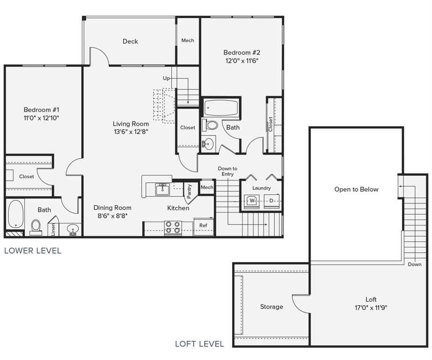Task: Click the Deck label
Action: [130, 41]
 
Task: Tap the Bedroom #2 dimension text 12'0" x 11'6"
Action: [242, 60]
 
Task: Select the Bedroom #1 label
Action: [41, 110]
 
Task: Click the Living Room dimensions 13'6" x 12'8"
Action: [131, 132]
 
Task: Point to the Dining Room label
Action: [112, 208]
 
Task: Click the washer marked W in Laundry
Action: [252, 201]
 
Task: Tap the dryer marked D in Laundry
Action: [271, 201]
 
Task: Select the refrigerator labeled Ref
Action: [203, 225]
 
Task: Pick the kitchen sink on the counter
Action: [163, 188]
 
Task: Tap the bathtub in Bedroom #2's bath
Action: [221, 108]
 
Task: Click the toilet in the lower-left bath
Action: [36, 226]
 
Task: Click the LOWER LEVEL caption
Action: [32, 251]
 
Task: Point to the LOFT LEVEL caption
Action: [199, 344]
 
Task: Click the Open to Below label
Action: [356, 189]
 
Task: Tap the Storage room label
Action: [272, 307]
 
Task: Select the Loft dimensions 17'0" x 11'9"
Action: [371, 308]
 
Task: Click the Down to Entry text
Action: [227, 172]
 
